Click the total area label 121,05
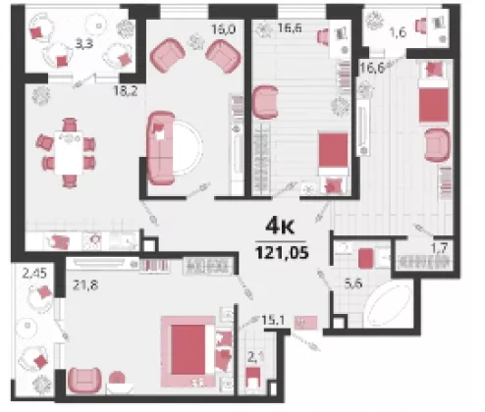(282, 252)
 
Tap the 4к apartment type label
(280, 227)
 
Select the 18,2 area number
(126, 90)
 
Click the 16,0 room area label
(224, 29)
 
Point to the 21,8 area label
(85, 285)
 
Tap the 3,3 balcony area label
(84, 43)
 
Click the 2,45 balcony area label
(34, 273)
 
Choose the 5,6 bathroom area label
(353, 283)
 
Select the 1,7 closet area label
(440, 248)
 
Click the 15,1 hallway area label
(273, 321)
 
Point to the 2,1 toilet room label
(256, 357)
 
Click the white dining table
(69, 152)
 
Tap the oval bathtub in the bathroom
(388, 305)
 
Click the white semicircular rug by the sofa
(188, 147)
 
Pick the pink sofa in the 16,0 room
(161, 148)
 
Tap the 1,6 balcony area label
(399, 32)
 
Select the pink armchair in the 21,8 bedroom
(84, 381)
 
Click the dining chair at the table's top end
(70, 125)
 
